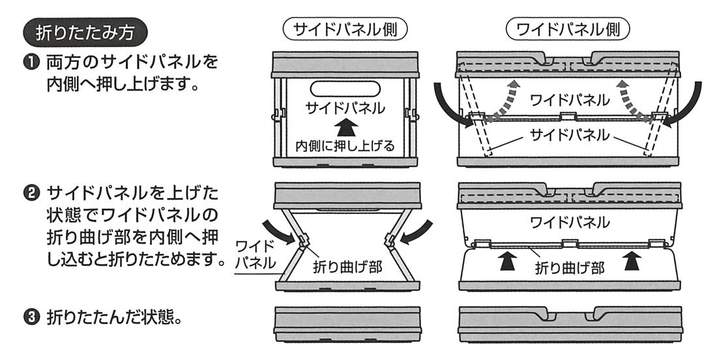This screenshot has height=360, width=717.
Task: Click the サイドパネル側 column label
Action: click(x=345, y=30)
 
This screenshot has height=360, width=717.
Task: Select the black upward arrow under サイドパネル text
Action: click(x=344, y=127)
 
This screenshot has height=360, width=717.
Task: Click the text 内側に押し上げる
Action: click(x=345, y=145)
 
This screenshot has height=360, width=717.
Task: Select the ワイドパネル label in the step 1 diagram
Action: click(x=570, y=101)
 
